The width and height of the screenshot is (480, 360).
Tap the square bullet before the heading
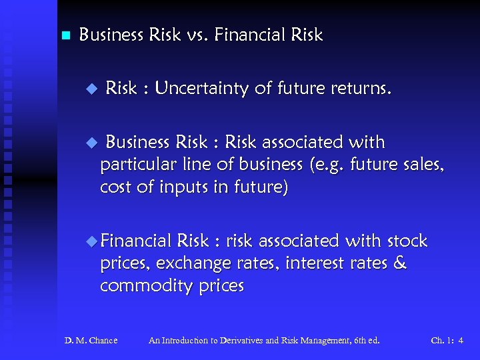coord(65,35)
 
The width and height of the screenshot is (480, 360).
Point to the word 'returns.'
coord(362,88)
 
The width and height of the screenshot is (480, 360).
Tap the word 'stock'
coord(407,240)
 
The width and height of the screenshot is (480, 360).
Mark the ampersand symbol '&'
coord(400,263)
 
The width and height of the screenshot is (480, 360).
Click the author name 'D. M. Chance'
coord(91,341)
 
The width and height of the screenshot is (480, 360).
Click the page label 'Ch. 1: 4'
coord(447,341)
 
